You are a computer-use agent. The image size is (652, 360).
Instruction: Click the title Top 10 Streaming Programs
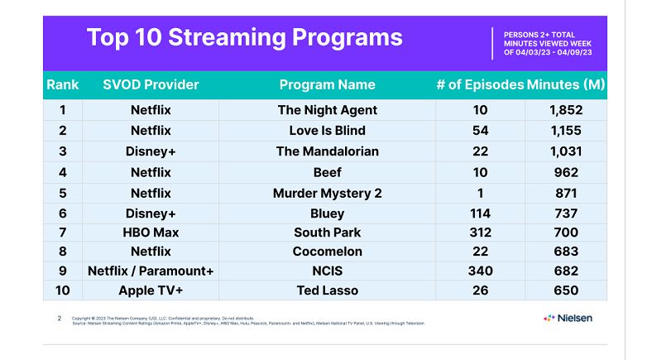245,37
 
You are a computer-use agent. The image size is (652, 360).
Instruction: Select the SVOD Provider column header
151,84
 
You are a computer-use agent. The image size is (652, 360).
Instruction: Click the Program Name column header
328,84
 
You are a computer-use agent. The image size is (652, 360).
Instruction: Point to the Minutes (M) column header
566,84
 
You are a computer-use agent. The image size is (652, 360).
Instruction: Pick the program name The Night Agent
328,110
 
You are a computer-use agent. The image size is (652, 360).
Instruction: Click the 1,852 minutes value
566,110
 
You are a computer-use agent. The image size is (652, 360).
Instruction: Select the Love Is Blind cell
328,131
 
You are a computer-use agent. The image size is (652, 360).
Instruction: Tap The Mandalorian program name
328,151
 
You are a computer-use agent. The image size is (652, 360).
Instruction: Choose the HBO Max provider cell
151,233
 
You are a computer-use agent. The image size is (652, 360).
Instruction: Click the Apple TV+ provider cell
151,290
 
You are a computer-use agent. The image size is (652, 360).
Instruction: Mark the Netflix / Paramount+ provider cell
151,271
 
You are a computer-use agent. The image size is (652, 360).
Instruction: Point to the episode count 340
480,271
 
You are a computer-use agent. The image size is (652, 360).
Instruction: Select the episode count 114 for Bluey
480,214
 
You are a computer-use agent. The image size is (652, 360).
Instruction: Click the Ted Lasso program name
328,290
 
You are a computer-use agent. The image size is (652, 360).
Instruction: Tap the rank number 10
63,290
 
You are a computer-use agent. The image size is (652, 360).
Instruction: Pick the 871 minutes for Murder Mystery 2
566,193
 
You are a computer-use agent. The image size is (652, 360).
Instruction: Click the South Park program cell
328,233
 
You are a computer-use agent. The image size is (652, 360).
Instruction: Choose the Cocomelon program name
328,252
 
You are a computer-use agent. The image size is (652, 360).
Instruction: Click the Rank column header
63,84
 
